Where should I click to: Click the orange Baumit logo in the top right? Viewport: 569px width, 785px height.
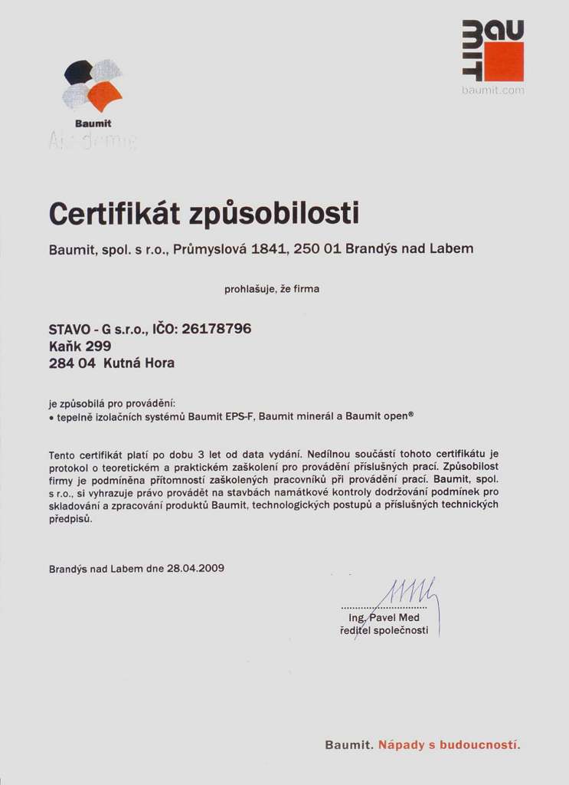coord(494,51)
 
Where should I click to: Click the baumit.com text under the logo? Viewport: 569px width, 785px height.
coord(493,90)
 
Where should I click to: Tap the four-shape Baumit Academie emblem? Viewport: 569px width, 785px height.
coord(93,85)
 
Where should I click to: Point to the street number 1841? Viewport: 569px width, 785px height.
coord(269,249)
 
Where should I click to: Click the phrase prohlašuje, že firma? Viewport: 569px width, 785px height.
coord(272,289)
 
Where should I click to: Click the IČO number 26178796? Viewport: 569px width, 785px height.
coord(216,329)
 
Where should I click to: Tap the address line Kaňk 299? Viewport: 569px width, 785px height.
coord(80,346)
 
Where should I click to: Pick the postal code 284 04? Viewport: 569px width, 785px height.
coord(72,363)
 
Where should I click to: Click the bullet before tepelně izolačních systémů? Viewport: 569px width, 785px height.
coord(51,417)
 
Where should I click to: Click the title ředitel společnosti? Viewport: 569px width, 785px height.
coord(384,630)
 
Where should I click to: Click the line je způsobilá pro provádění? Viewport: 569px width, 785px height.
coord(112,403)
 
